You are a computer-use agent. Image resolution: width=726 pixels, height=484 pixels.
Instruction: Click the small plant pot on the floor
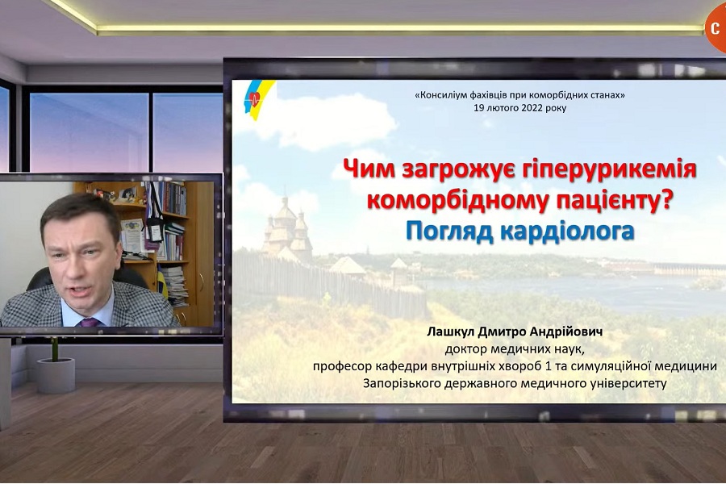point(56,374)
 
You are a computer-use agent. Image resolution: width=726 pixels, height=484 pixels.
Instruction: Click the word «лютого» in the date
point(502,109)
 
